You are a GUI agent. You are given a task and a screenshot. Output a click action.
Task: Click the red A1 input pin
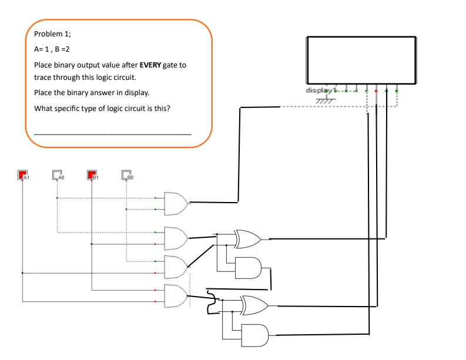click(x=23, y=174)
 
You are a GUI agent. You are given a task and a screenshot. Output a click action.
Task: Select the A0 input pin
click(x=57, y=174)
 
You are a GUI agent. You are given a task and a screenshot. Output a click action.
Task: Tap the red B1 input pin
click(x=92, y=174)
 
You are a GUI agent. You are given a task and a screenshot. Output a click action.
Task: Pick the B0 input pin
click(x=126, y=174)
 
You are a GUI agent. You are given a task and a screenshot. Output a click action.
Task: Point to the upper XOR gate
click(x=247, y=239)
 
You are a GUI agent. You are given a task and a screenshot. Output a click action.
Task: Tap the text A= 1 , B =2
click(x=53, y=49)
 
